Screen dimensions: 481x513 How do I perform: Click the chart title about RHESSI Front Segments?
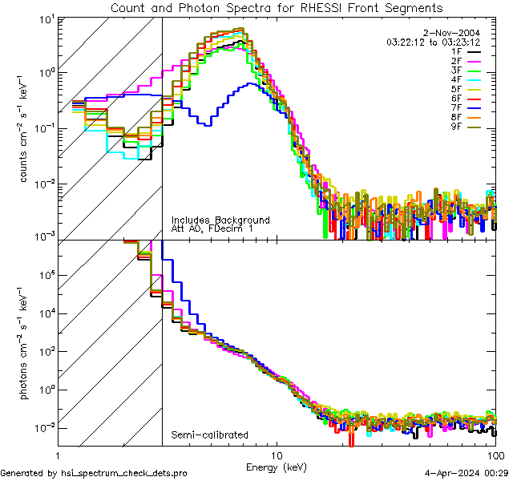click(x=277, y=7)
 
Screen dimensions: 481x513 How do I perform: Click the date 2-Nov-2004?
click(x=458, y=33)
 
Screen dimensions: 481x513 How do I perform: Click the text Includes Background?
click(x=220, y=220)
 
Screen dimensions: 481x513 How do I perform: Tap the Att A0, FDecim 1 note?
click(x=213, y=229)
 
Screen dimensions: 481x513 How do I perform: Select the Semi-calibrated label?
click(x=210, y=435)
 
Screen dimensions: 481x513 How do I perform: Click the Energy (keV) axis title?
click(x=276, y=467)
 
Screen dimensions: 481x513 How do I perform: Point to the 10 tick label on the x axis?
click(x=277, y=454)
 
